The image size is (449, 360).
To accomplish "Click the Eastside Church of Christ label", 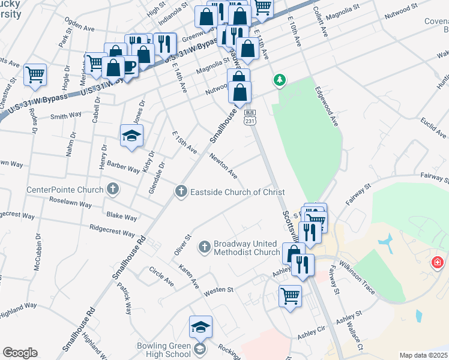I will [x=237, y=192].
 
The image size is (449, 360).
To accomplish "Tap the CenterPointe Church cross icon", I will [x=112, y=190].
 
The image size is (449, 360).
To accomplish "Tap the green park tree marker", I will [x=279, y=80].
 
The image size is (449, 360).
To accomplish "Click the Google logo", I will [x=20, y=353].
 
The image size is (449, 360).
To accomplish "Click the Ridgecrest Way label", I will [x=112, y=230].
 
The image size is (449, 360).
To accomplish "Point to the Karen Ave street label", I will [x=196, y=273].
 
